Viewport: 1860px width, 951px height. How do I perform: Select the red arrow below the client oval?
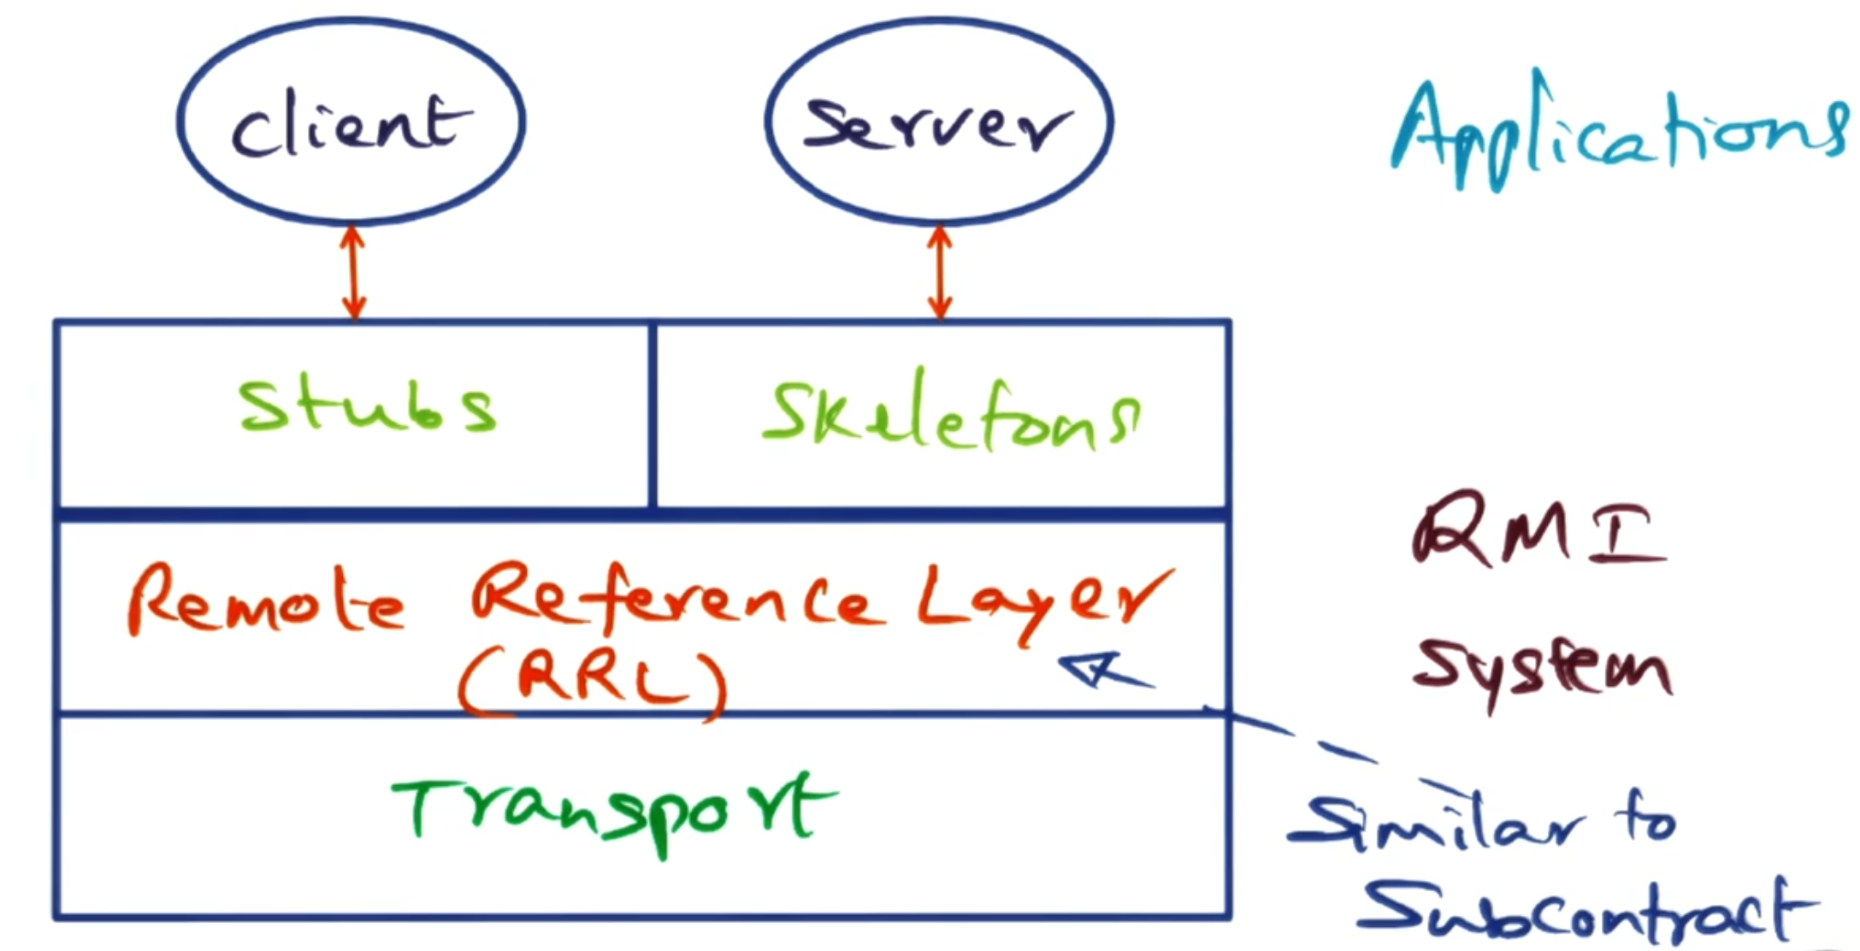tap(353, 272)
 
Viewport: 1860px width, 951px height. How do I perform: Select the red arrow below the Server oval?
tap(940, 272)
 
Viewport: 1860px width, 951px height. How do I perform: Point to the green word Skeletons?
tap(949, 414)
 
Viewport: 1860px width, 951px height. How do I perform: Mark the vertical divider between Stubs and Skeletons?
tap(652, 416)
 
